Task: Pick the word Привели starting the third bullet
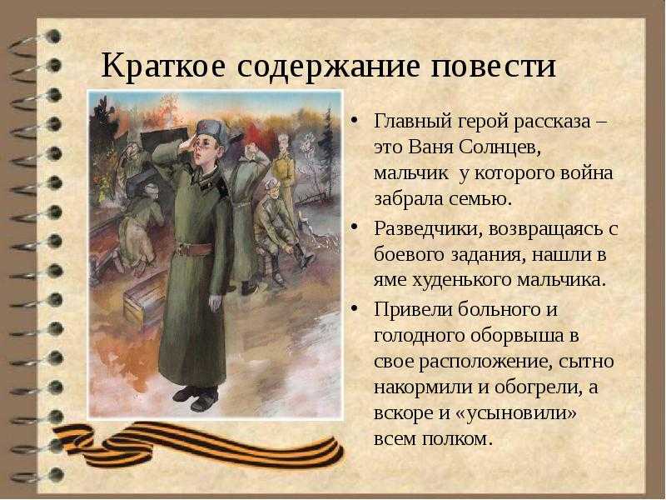pos(409,309)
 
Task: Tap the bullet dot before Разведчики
pos(355,228)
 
